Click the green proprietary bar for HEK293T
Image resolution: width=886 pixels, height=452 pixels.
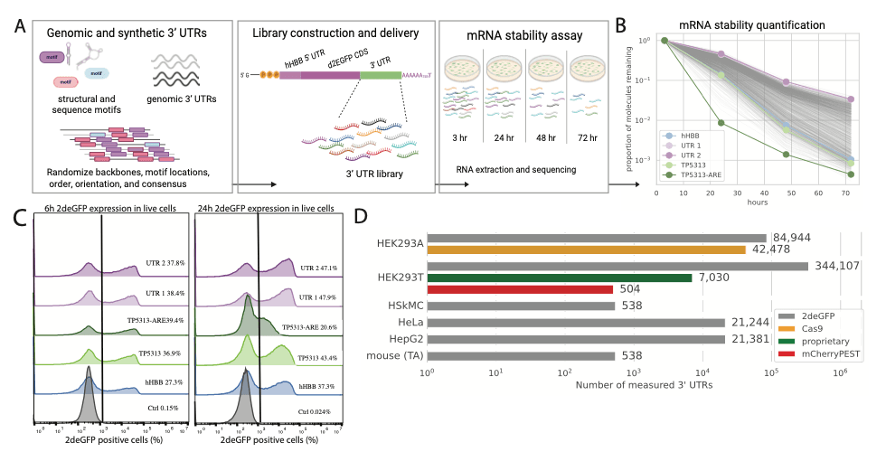point(560,278)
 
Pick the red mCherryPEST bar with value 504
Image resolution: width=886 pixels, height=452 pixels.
point(521,290)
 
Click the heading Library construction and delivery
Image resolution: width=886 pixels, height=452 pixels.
point(335,33)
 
